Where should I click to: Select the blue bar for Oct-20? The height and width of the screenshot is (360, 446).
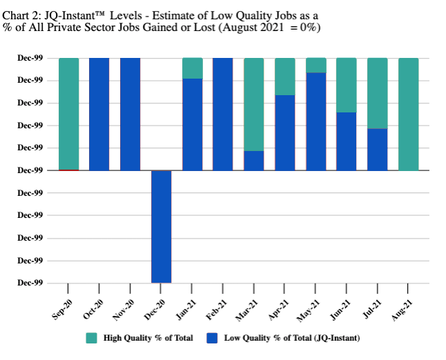pos(99,114)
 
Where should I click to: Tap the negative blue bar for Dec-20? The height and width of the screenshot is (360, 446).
pos(161,226)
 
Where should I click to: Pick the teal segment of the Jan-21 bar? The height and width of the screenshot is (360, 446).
pos(192,68)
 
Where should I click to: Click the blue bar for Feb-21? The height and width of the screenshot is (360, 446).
pos(223,114)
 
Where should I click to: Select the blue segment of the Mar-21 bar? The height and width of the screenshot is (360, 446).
pos(254,160)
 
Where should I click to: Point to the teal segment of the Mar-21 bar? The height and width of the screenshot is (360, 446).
pos(254,104)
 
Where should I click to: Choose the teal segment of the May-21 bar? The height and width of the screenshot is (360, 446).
pos(316,66)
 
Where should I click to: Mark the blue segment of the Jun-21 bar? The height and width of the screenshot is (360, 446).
pos(347,141)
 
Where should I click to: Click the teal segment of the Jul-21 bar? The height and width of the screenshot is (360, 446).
pos(378,93)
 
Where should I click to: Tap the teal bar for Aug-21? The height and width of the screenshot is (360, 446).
pos(408,114)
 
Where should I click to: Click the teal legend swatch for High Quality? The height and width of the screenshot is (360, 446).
pos(91,338)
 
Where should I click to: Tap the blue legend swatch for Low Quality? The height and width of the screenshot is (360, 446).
pos(212,338)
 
